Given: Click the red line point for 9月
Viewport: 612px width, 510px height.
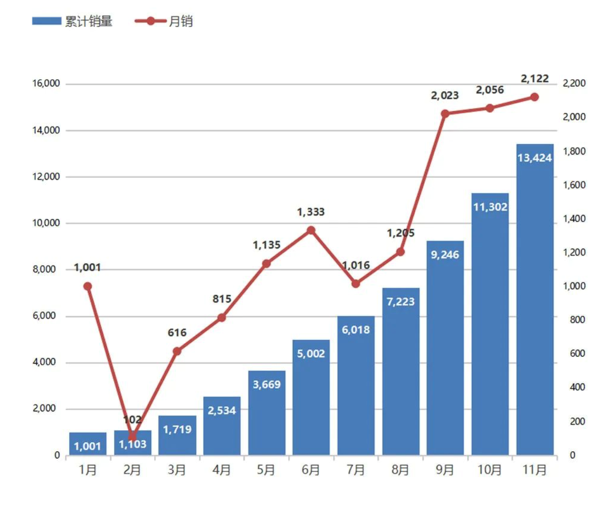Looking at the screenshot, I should (445, 114).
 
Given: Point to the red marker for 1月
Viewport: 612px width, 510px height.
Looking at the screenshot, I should (87, 287).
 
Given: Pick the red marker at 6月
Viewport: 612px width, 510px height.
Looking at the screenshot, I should (311, 230).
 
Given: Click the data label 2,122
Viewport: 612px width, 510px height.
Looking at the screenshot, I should (535, 79).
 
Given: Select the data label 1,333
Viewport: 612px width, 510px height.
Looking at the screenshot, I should (311, 212).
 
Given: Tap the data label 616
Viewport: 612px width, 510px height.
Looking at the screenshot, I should (177, 332).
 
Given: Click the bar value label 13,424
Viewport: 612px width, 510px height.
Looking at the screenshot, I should (535, 158).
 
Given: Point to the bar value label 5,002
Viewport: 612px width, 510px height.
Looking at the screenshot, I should (311, 353).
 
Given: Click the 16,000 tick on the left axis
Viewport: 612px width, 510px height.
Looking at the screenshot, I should (46, 84).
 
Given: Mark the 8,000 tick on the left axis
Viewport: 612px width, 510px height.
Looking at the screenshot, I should (44, 269).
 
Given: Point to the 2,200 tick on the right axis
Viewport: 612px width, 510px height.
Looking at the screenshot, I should (574, 84).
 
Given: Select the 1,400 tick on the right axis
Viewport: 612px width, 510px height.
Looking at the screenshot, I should (574, 219).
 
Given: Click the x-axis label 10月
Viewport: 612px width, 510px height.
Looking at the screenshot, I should (490, 470).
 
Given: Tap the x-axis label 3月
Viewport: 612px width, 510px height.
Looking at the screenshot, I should (177, 470).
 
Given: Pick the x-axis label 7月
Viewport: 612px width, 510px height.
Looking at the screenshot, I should (356, 470).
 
